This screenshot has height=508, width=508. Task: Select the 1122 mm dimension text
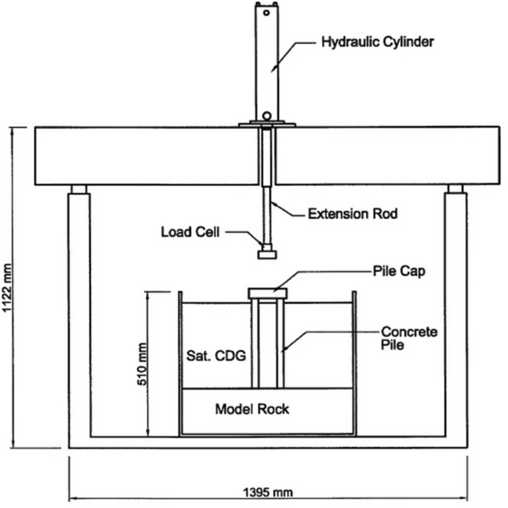(9, 287)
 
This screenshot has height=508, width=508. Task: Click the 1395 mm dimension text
(267, 490)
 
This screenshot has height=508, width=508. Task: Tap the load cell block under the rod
(266, 254)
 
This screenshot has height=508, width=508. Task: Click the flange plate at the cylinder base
(267, 125)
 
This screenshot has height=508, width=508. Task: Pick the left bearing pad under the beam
(79, 188)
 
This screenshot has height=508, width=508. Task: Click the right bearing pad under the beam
(455, 188)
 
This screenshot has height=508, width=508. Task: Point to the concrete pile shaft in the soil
(268, 341)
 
